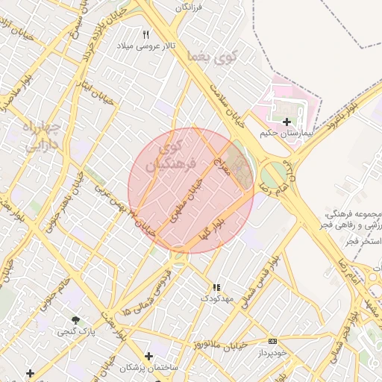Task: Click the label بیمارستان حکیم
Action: (283, 133)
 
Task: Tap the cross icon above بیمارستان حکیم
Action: (286, 122)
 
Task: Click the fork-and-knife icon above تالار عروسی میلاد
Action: (146, 34)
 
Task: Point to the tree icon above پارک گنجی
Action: (75, 319)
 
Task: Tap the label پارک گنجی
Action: (76, 331)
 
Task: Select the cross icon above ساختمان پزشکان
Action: (148, 356)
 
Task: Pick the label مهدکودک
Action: (216, 298)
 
